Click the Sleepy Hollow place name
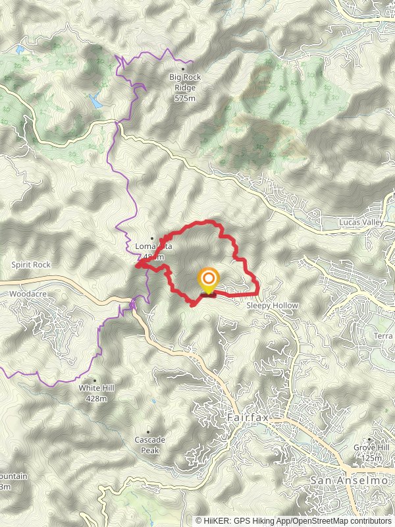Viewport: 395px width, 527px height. point(272,306)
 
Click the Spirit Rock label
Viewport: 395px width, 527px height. point(31,265)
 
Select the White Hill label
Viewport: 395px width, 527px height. point(96,389)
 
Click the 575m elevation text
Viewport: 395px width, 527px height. point(185,99)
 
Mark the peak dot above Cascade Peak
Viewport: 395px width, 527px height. point(147,431)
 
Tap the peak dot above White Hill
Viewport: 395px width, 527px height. point(95,380)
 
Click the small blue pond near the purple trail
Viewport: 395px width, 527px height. point(97,102)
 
